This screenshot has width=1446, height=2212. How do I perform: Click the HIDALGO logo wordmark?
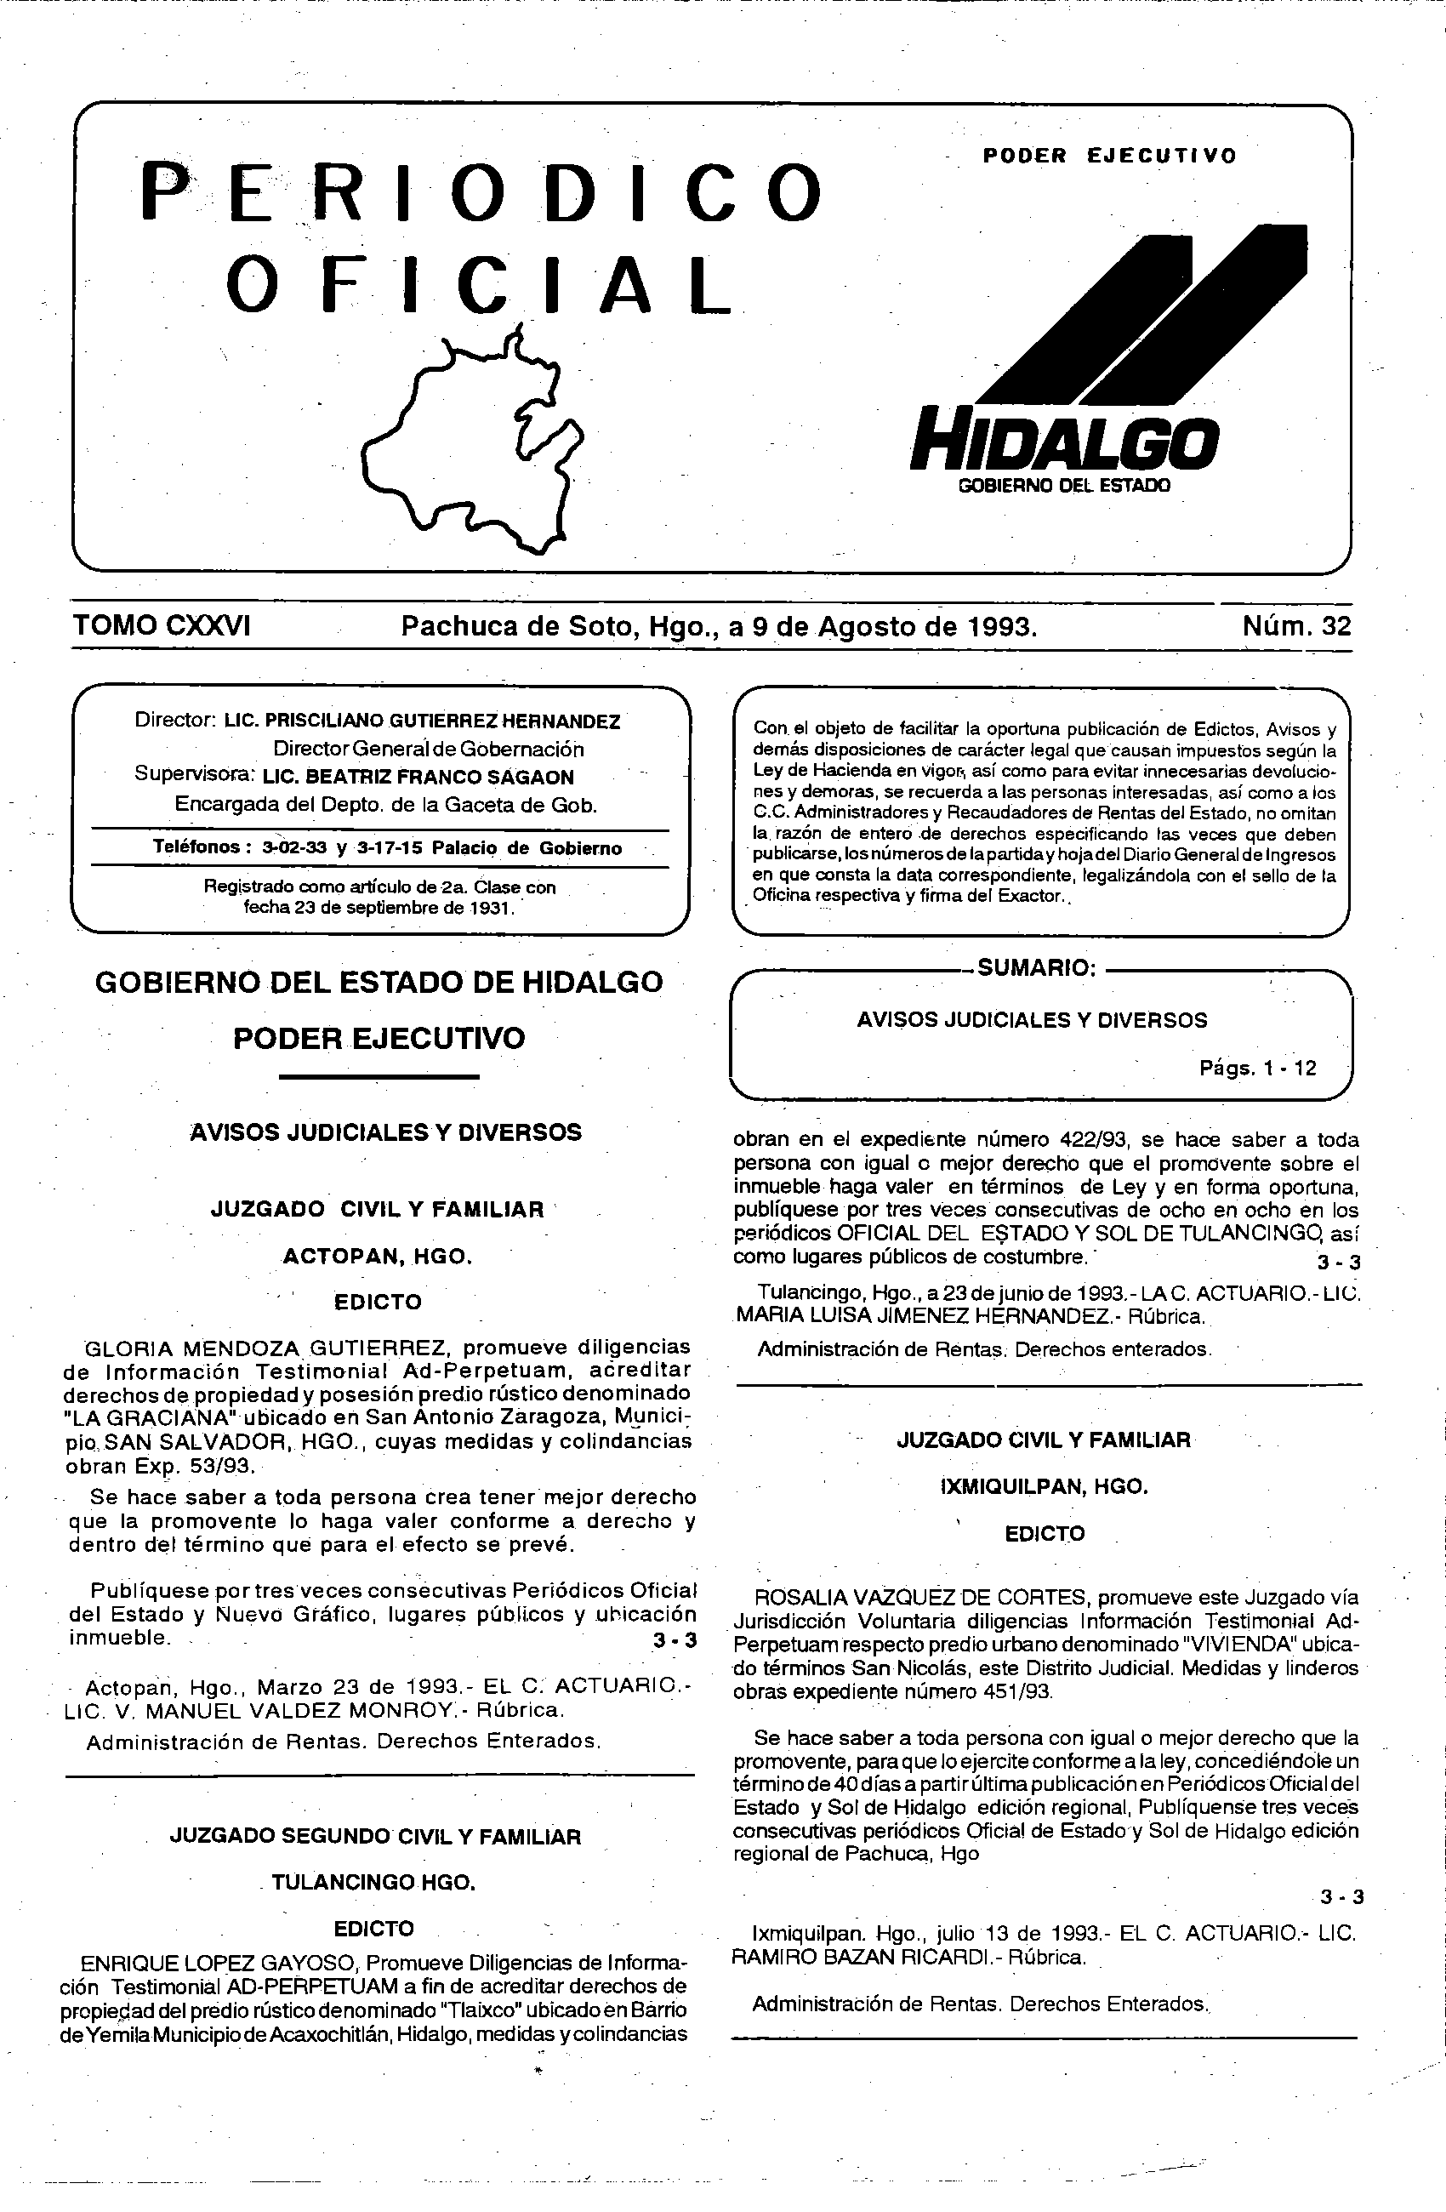point(1064,442)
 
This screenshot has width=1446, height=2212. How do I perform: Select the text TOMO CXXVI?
point(162,625)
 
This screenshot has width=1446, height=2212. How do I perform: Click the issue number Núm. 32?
point(1296,625)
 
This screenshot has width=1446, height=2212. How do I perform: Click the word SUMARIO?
point(1037,967)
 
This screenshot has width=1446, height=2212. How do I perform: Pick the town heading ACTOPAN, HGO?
point(378,1257)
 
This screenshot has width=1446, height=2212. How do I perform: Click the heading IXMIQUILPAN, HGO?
point(1045,1486)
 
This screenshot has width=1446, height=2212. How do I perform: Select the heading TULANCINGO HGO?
point(373,1883)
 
